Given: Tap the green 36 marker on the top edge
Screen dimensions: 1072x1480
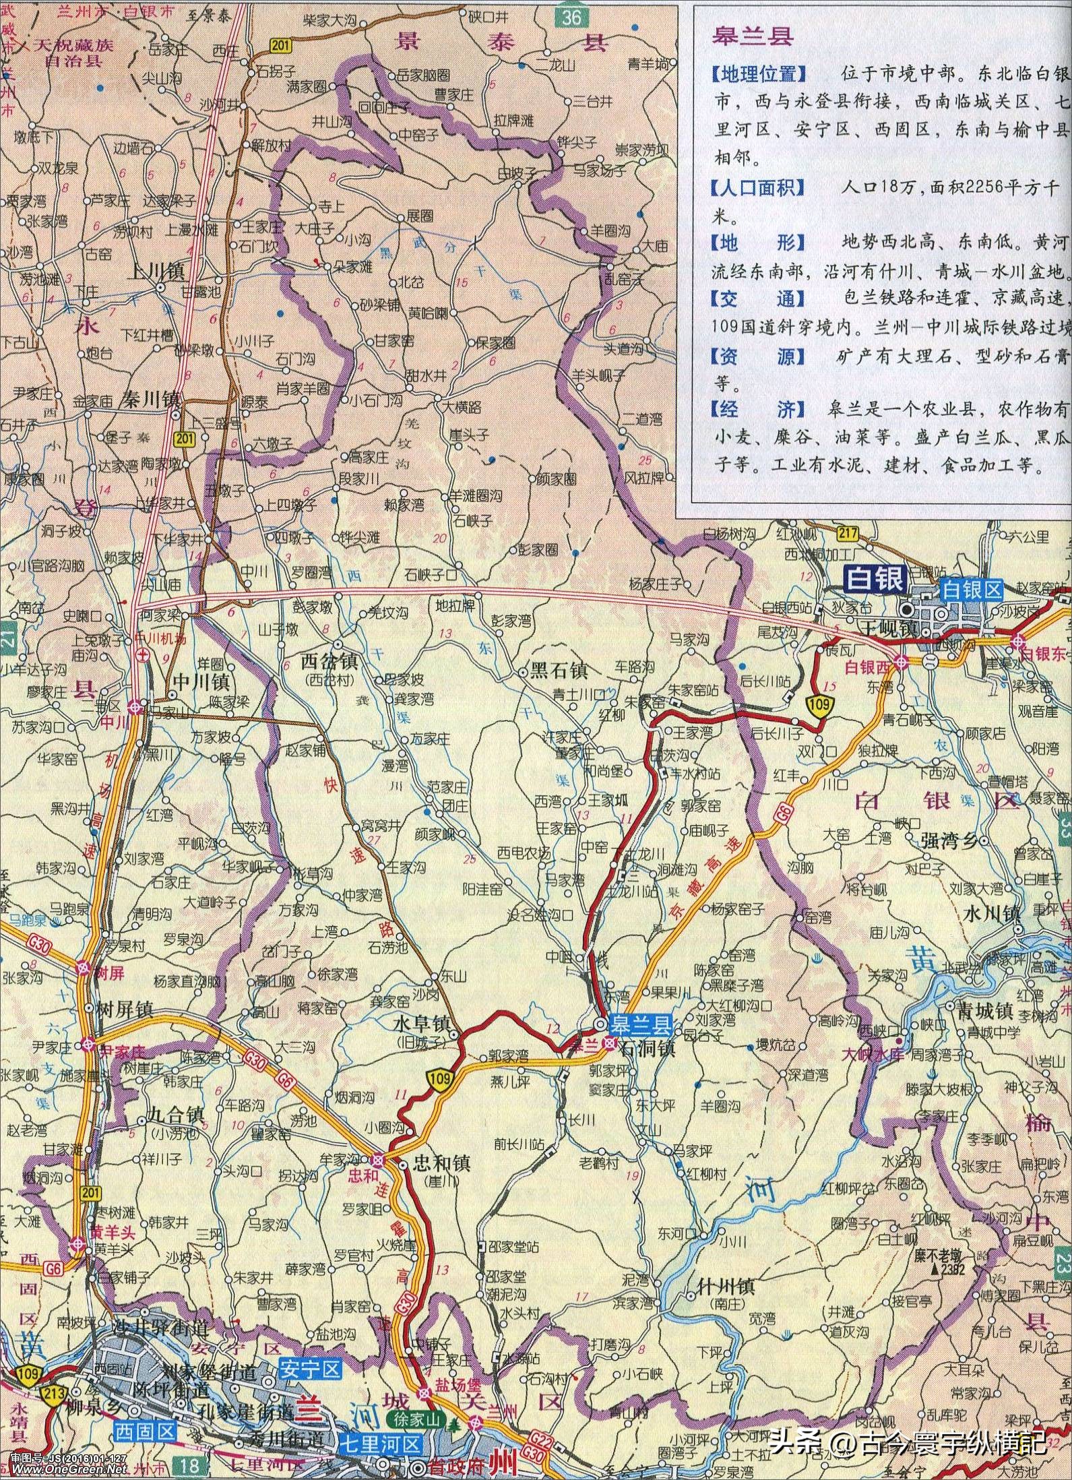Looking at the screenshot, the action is [x=571, y=18].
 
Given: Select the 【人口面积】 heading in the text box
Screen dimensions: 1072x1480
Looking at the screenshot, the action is [x=758, y=187].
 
